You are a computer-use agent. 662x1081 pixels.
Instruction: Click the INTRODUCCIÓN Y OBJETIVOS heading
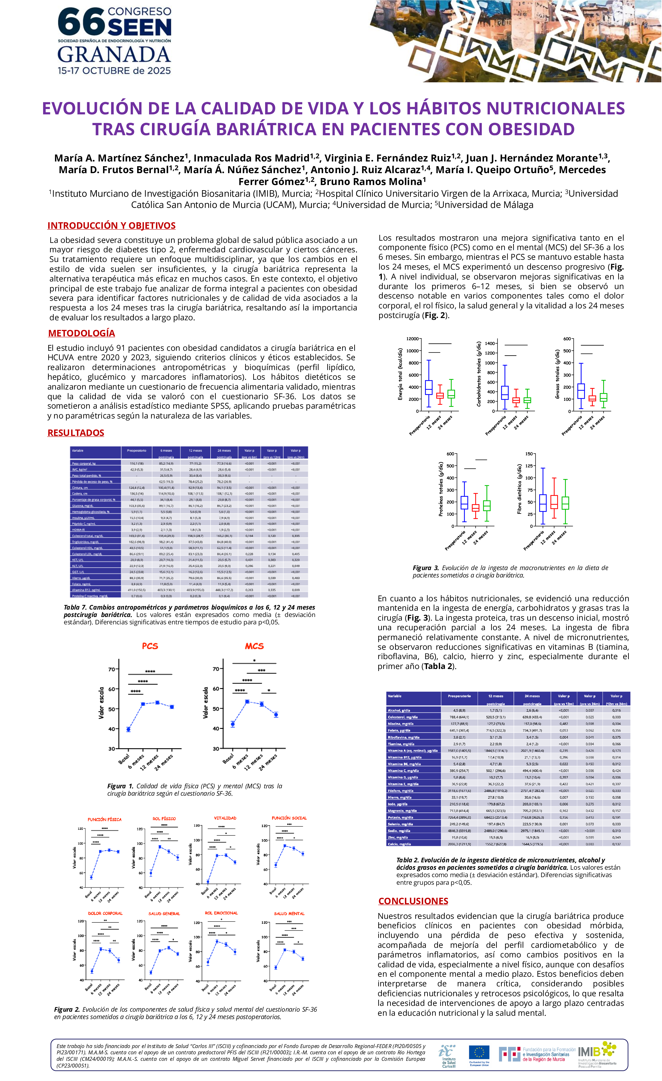pyautogui.click(x=112, y=225)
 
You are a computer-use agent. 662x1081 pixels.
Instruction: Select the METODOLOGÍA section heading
pyautogui.click(x=82, y=333)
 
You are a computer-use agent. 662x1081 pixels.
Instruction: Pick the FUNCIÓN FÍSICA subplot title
pyautogui.click(x=104, y=819)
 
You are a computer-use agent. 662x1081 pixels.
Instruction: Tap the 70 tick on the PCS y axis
pyautogui.click(x=112, y=669)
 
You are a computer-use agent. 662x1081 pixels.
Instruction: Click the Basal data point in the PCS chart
pyautogui.click(x=128, y=730)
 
